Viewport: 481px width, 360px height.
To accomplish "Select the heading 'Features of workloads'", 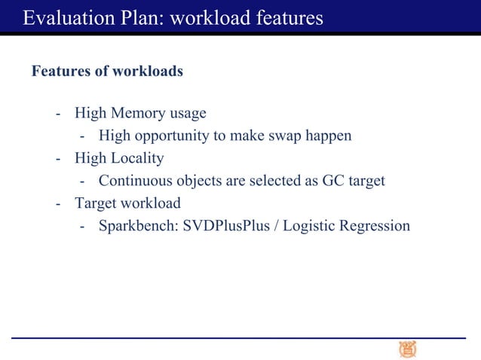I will (107, 72).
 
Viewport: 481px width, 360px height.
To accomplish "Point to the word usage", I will (188, 114).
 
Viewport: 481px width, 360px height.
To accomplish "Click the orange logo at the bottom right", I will (407, 349).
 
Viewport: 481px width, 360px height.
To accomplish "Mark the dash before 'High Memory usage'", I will (58, 114).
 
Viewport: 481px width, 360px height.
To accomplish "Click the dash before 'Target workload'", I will (58, 204).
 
